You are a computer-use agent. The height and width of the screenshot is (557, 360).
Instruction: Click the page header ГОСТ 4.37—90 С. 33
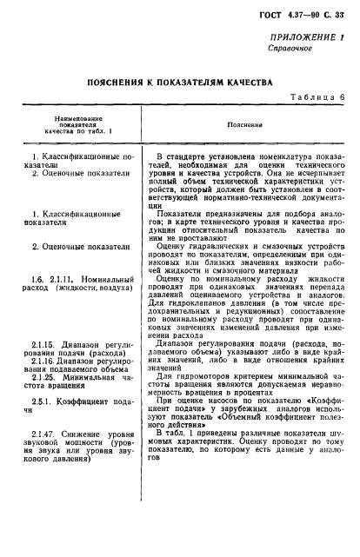click(x=302, y=20)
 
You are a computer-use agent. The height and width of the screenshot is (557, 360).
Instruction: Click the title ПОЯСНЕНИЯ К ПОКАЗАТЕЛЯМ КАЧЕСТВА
click(x=179, y=106)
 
